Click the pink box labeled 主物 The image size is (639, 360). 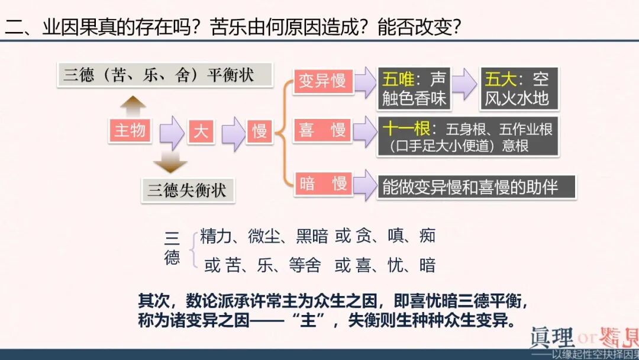(130, 130)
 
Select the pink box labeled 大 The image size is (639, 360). (201, 131)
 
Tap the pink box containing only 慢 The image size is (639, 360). (260, 131)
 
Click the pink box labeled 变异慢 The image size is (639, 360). (322, 81)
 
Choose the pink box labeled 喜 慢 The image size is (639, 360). (322, 130)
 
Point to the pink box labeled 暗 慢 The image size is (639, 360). (322, 184)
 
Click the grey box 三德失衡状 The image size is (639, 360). (188, 190)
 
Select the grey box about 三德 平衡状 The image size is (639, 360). (165, 75)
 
